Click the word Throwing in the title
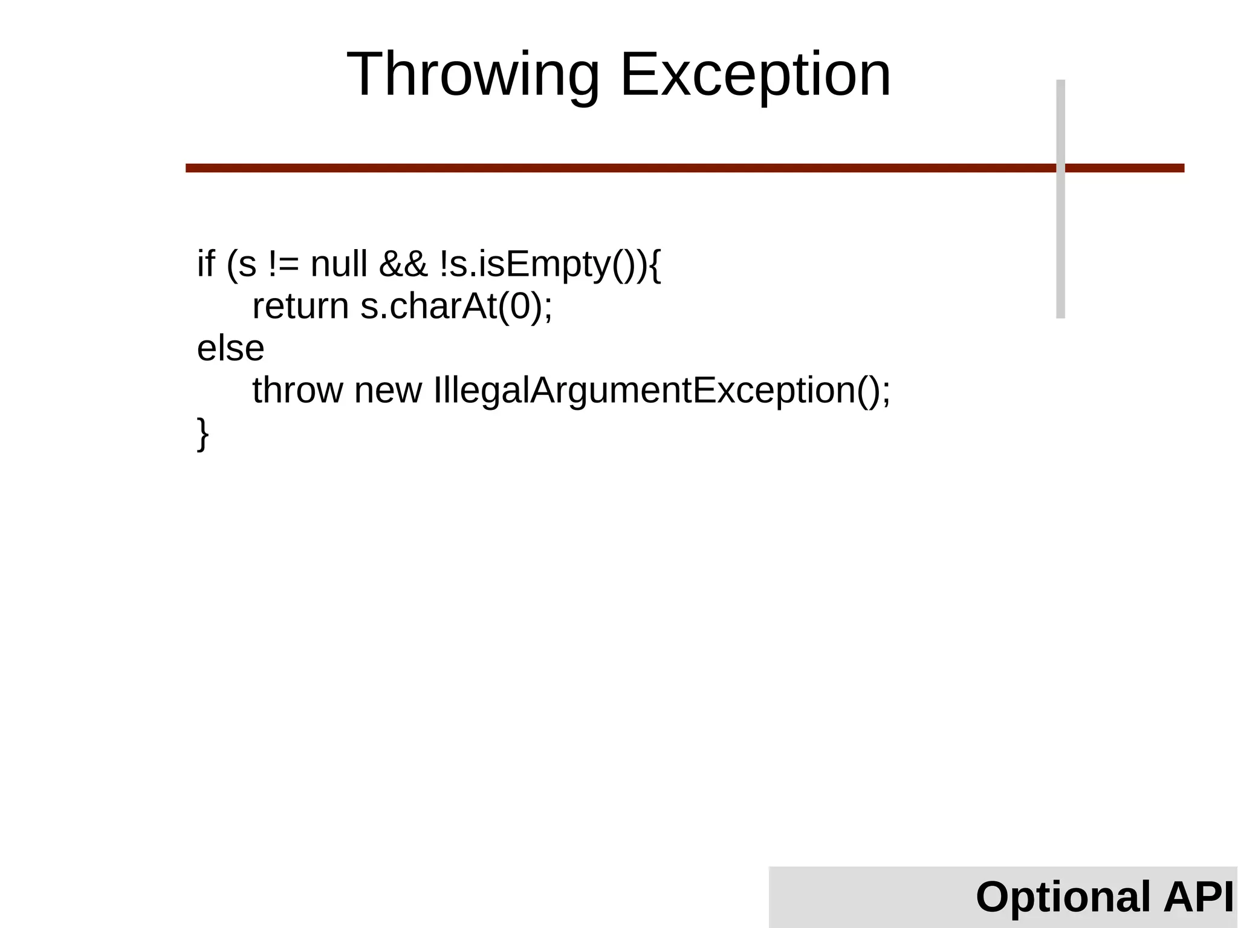pos(472,75)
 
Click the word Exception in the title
pos(755,75)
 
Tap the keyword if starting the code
pos(206,264)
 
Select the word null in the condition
pos(339,264)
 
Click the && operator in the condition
pos(403,264)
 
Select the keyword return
pos(300,306)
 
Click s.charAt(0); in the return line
pos(456,306)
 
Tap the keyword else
pos(230,348)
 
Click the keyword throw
pos(297,390)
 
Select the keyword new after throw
pos(387,390)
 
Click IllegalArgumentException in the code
pos(644,390)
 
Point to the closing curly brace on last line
pos(203,433)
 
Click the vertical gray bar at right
pos(1060,242)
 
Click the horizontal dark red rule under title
pos(604,168)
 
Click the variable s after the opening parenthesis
pos(247,265)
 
